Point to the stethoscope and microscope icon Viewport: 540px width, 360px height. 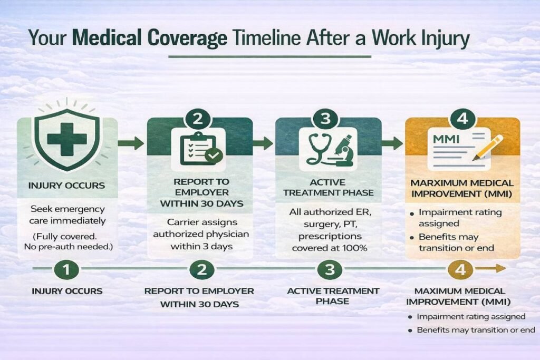click(x=327, y=149)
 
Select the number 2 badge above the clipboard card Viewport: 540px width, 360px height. click(x=198, y=119)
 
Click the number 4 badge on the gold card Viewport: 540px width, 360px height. click(x=462, y=119)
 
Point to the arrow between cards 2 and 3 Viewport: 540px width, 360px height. click(x=263, y=143)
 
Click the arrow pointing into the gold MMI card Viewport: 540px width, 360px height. click(x=392, y=143)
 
